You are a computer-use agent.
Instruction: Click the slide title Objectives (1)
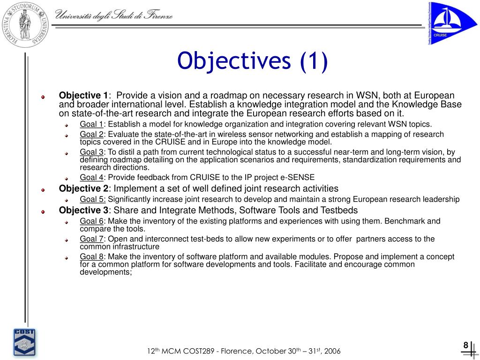click(253, 62)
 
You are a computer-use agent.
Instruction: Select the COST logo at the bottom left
click(24, 342)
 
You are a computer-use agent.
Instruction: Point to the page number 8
click(465, 346)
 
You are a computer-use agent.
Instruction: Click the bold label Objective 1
click(83, 95)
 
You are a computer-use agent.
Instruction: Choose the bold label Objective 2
click(83, 188)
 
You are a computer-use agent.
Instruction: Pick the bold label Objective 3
click(83, 210)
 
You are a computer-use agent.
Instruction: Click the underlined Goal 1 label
click(91, 124)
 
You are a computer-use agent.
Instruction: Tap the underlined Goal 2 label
click(91, 135)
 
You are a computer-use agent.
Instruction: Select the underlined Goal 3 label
click(91, 152)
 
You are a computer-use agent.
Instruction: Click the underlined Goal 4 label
click(91, 177)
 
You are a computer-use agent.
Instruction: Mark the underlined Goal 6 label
click(91, 221)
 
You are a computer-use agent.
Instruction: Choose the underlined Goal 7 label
click(91, 239)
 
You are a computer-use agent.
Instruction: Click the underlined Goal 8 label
click(91, 256)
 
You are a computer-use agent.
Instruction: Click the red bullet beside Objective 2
click(43, 190)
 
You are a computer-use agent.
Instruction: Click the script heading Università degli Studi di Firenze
click(114, 15)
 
